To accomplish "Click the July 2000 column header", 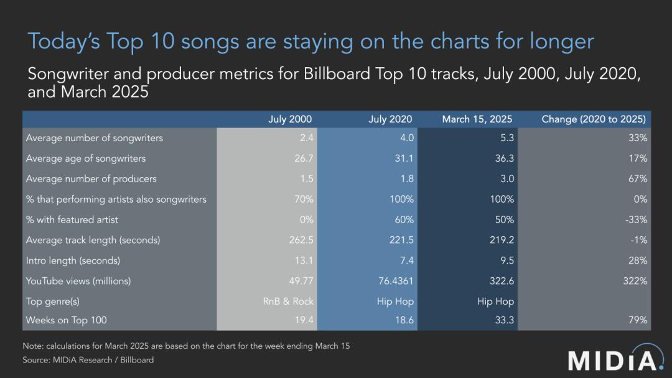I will pos(290,119).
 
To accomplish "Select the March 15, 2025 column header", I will pos(478,119).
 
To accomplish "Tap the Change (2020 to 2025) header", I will pos(594,119).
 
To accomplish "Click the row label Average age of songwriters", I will pos(86,159).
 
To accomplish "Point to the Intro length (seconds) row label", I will pos(73,260).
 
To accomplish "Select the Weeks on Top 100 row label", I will pos(67,321).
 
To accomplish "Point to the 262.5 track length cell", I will pos(299,240).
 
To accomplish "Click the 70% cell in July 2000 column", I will pos(302,200).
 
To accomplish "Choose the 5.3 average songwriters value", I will pos(506,138).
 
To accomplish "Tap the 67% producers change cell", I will pos(637,179).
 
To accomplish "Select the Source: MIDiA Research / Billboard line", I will pos(88,360).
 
